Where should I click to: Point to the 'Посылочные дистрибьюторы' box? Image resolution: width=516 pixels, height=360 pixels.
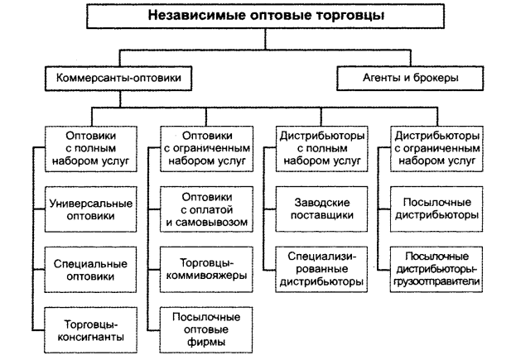click(439, 209)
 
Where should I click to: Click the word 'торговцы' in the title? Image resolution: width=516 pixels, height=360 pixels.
click(337, 15)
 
